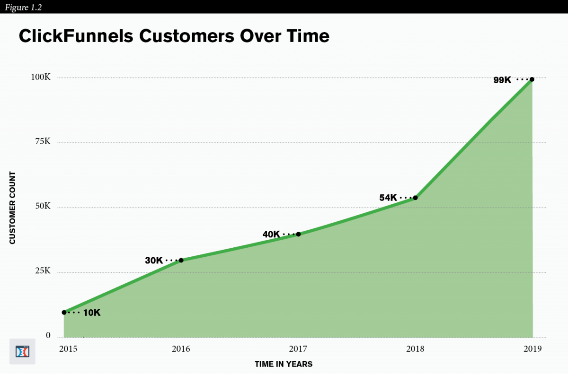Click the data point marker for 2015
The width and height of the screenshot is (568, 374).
(64, 312)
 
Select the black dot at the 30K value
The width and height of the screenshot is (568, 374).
(181, 260)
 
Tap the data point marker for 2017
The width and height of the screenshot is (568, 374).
(298, 234)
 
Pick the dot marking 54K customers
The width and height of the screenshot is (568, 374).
(415, 198)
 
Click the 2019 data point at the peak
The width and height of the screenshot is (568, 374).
(532, 79)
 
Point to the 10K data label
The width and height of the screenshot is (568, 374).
(92, 313)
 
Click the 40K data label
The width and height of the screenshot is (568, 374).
(271, 234)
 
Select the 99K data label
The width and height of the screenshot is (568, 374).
(502, 80)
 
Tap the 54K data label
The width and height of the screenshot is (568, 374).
(388, 198)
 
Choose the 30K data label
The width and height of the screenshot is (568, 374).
(154, 260)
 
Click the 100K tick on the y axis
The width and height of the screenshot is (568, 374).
(41, 77)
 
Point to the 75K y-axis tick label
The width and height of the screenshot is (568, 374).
(42, 142)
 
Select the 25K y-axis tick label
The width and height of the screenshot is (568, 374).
(42, 271)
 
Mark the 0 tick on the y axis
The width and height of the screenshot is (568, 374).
(48, 336)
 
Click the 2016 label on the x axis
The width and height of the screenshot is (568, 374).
(181, 349)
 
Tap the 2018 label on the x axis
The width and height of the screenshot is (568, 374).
(415, 349)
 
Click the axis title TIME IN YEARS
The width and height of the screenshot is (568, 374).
(284, 364)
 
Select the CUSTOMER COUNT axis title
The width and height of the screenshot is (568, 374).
(13, 208)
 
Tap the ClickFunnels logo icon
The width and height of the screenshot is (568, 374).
(22, 351)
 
